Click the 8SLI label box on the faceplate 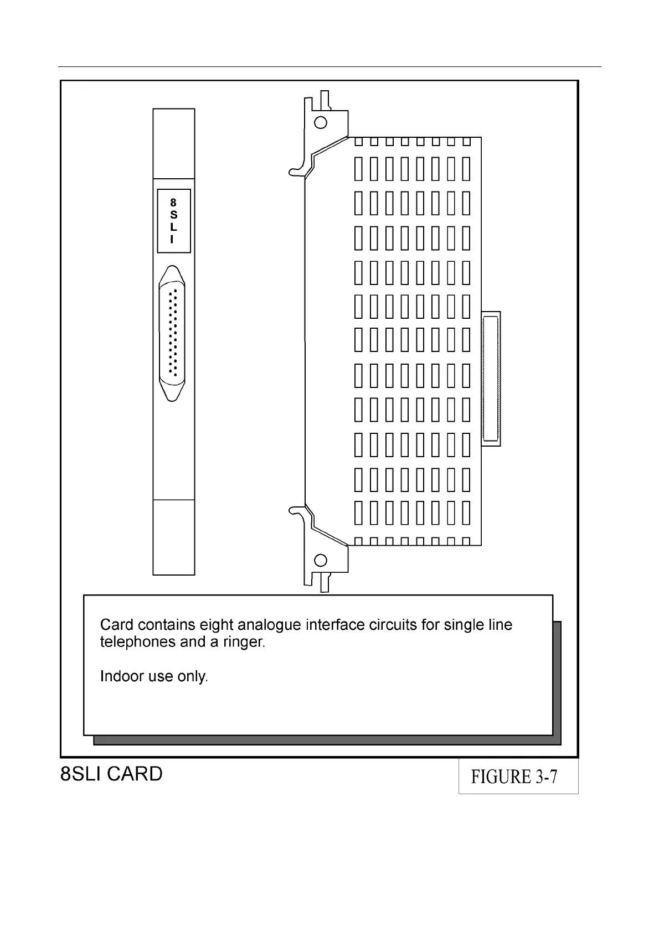(174, 221)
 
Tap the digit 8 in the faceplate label (173, 203)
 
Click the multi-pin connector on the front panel (172, 334)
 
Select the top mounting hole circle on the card (321, 122)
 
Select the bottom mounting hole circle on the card (321, 561)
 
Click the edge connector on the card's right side (491, 379)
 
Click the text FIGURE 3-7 (514, 777)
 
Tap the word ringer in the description (244, 642)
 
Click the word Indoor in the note (117, 676)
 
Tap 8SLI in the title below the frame (81, 774)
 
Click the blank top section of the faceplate (174, 143)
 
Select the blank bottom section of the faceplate (174, 537)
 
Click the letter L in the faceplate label (173, 227)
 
